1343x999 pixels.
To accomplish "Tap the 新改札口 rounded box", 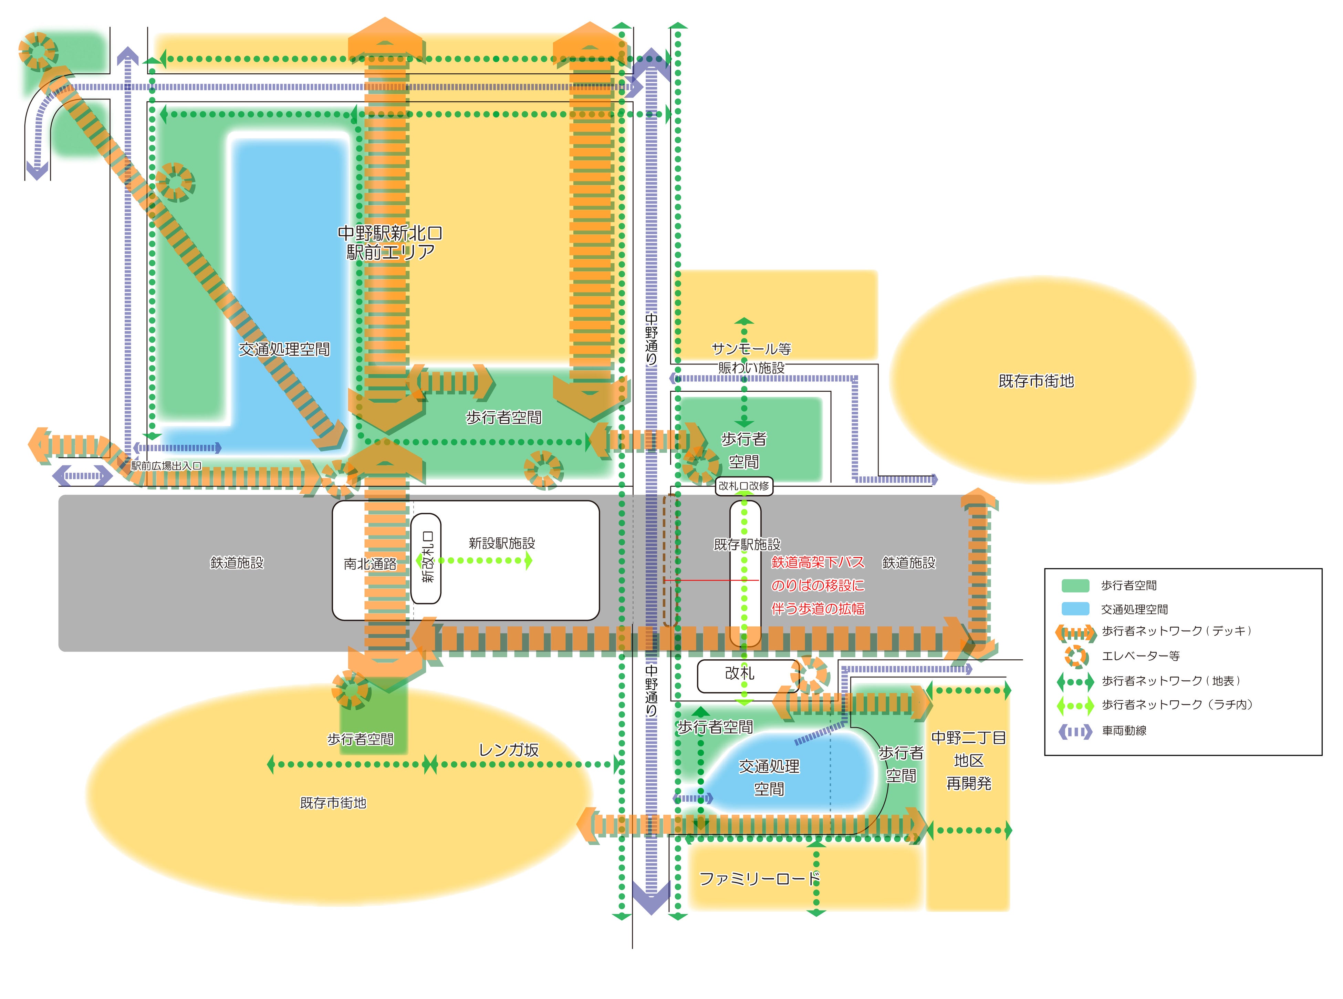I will [426, 558].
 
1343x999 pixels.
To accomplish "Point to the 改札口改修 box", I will [743, 486].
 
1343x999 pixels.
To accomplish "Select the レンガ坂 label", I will [508, 750].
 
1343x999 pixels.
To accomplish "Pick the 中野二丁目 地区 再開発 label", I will [968, 760].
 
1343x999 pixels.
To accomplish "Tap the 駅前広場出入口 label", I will [166, 466].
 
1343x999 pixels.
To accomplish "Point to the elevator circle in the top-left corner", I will [38, 51].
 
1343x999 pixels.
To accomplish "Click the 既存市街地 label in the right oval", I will [1035, 381].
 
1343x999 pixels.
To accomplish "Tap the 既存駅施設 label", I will [747, 544].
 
